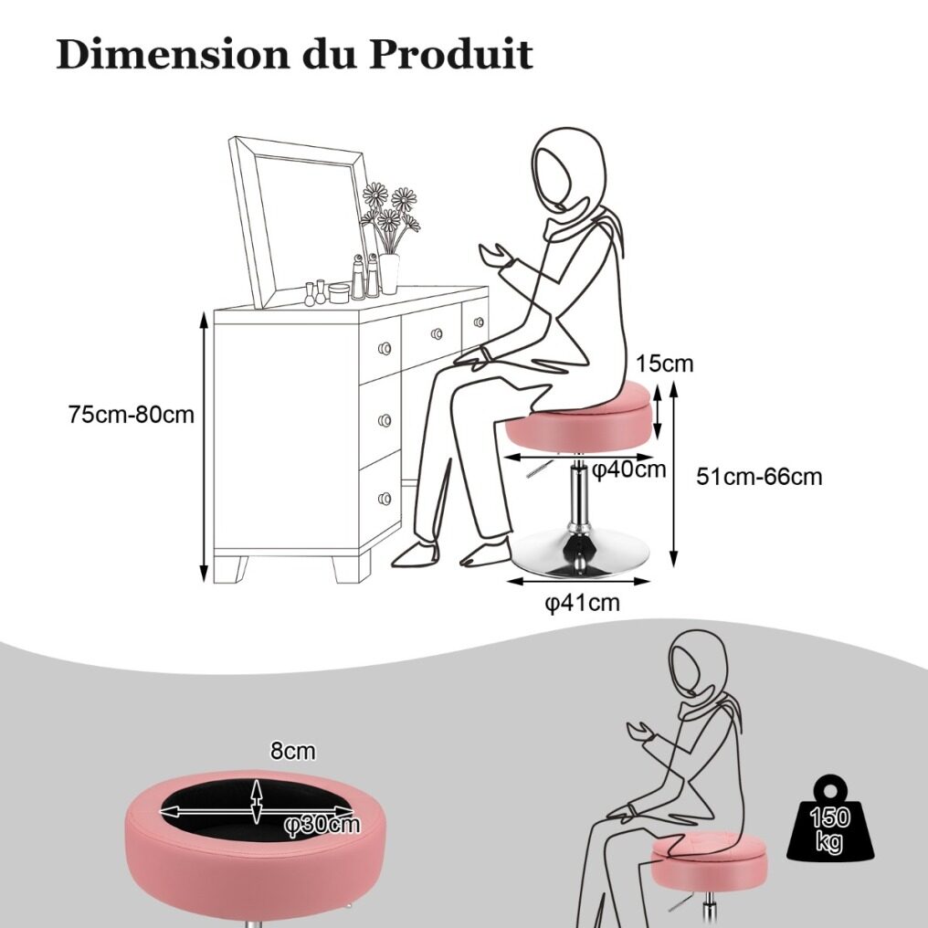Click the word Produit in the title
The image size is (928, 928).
pos(451,55)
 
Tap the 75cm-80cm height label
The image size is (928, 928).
pos(132,415)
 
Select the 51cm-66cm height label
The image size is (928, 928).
pos(759,476)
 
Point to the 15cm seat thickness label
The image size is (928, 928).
pos(665,364)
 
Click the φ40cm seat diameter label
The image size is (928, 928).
pos(629,469)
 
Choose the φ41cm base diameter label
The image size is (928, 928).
pos(583,603)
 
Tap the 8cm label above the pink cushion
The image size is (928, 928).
pos(293,752)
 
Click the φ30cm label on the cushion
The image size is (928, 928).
pos(322,824)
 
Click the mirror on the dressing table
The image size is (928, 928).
pos(299,222)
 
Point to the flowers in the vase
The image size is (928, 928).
pos(390,216)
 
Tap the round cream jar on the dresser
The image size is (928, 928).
pos(339,293)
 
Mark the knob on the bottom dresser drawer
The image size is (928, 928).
pos(385,499)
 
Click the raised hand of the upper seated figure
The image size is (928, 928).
pos(496,257)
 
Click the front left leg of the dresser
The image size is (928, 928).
pos(230,569)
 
